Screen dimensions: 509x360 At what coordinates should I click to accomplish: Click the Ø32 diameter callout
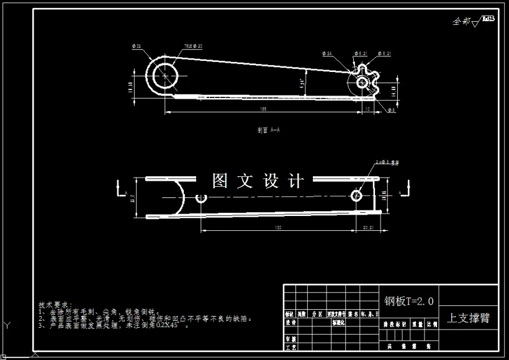click(x=137, y=47)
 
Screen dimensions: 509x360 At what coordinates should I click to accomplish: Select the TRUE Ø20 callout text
click(x=194, y=47)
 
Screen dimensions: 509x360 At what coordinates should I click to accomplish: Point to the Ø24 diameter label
click(x=328, y=54)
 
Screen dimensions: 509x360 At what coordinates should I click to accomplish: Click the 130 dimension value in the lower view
click(x=277, y=228)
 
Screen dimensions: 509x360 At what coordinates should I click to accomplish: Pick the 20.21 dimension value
click(x=367, y=228)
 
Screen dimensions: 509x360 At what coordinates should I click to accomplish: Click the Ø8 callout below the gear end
click(x=391, y=110)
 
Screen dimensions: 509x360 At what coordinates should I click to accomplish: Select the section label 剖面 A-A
click(x=269, y=130)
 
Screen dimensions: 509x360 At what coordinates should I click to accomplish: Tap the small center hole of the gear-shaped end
click(x=362, y=82)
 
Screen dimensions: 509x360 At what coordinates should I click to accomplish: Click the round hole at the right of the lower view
click(x=356, y=196)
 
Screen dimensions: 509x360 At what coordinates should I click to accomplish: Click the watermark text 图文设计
click(x=258, y=181)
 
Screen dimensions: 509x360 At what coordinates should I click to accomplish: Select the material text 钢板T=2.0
click(x=409, y=302)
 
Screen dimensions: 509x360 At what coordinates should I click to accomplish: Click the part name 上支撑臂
click(x=469, y=318)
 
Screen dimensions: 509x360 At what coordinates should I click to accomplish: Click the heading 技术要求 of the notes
click(x=55, y=305)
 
